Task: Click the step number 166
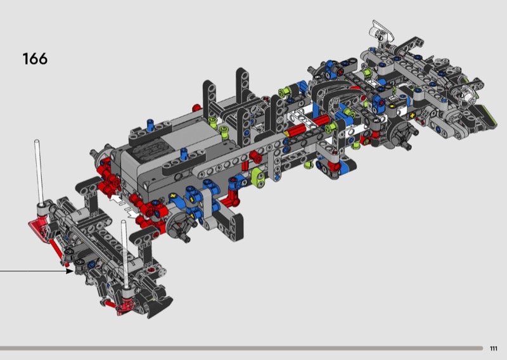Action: [35, 59]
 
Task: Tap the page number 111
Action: [494, 349]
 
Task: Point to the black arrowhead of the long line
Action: [70, 271]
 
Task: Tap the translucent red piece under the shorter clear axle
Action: [125, 306]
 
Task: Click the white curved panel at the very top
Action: [383, 31]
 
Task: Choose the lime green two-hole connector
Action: [259, 177]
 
